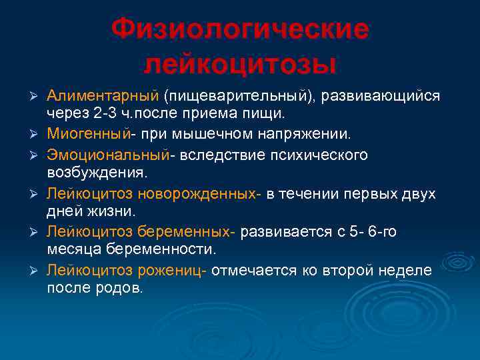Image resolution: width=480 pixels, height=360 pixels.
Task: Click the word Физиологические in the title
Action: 240,29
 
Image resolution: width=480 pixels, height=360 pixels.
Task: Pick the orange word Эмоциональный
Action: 106,155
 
